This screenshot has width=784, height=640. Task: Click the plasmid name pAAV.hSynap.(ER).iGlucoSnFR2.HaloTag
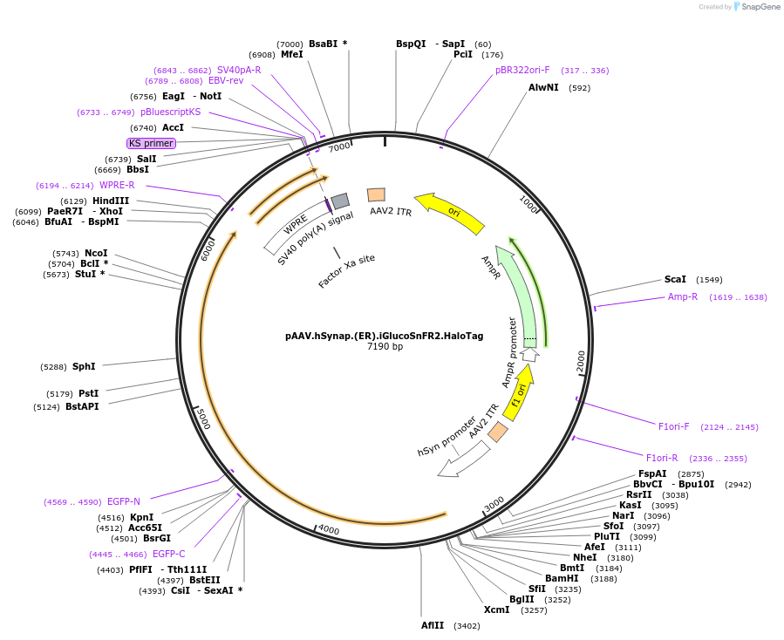(x=384, y=335)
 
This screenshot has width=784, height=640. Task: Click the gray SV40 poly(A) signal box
(x=340, y=201)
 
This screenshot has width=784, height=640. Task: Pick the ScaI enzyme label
(x=675, y=280)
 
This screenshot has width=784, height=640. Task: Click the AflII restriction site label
(x=433, y=625)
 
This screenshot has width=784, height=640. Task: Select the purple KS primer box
(x=151, y=143)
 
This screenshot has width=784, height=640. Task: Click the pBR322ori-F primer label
(x=522, y=71)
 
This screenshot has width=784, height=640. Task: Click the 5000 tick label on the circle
(x=202, y=418)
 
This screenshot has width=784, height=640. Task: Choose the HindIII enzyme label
(x=111, y=201)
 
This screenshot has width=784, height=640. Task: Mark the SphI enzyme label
(x=84, y=366)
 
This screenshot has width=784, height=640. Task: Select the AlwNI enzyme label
(x=543, y=87)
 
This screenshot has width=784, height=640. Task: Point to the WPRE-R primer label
(x=117, y=185)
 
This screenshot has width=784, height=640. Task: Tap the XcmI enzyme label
(x=496, y=609)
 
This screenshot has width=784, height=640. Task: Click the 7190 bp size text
(x=385, y=346)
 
